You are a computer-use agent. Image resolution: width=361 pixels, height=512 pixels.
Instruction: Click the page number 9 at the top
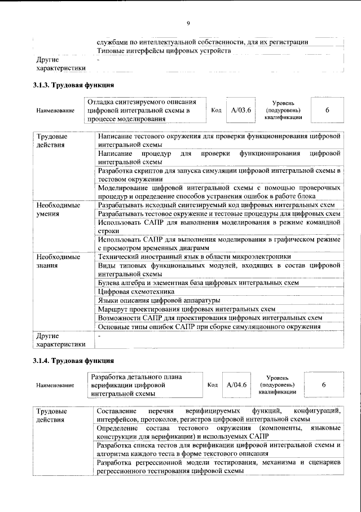click(x=188, y=23)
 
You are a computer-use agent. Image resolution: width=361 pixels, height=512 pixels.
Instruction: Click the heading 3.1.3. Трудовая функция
click(x=73, y=85)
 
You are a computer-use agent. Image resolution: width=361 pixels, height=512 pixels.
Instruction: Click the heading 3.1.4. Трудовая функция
click(x=73, y=360)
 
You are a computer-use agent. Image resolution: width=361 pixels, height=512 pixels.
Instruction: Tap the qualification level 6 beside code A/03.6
click(x=327, y=110)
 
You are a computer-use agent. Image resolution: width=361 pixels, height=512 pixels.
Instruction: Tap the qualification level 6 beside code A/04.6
click(x=323, y=384)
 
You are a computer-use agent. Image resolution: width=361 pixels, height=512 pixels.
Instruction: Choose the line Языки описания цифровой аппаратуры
click(x=159, y=300)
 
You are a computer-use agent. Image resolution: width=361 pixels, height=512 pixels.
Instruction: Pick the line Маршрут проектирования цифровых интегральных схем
click(x=186, y=309)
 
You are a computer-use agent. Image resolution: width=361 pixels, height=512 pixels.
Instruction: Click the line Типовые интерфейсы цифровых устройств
click(x=164, y=51)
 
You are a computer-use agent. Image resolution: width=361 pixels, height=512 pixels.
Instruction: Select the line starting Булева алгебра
click(x=198, y=282)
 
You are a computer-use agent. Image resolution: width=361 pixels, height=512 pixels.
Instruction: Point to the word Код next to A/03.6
click(x=215, y=110)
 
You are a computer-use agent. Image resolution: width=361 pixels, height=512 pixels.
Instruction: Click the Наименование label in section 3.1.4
click(x=55, y=385)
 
